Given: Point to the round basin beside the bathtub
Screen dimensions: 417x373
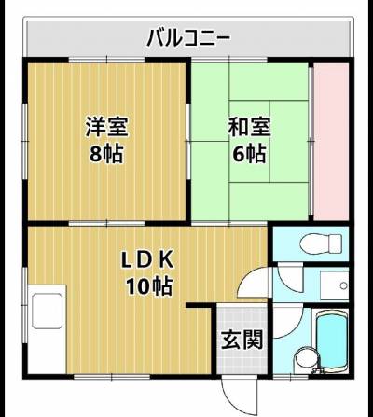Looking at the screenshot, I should (305, 360).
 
